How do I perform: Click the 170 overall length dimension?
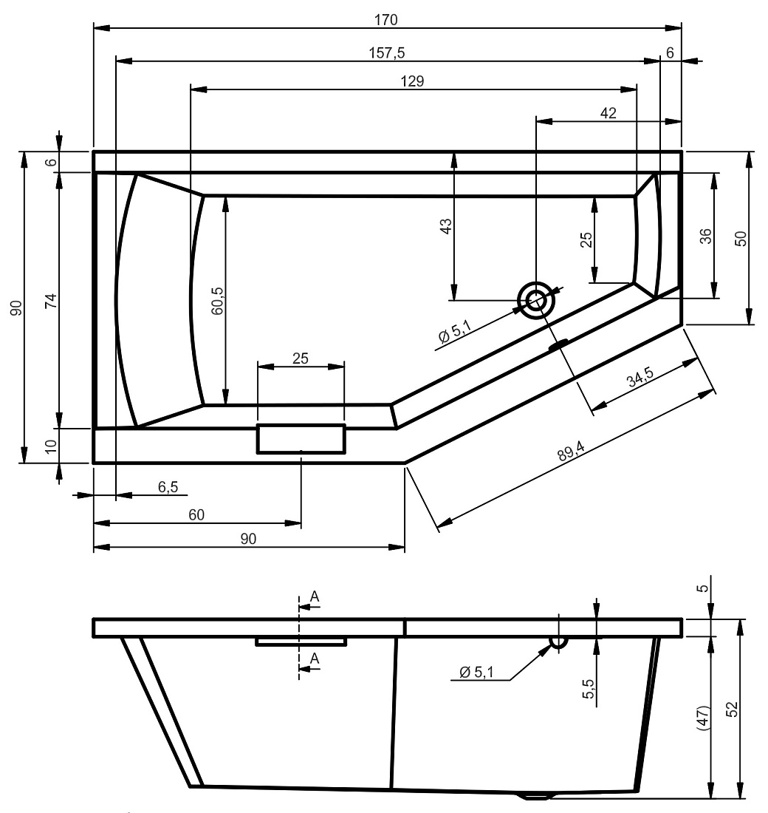pyautogui.click(x=386, y=20)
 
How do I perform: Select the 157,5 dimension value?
pyautogui.click(x=387, y=53)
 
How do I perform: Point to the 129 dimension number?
pyautogui.click(x=413, y=81)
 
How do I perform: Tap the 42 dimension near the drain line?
pyautogui.click(x=608, y=113)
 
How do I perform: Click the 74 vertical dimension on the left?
pyautogui.click(x=51, y=301)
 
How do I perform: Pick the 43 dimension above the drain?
pyautogui.click(x=446, y=226)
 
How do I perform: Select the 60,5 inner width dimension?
pyautogui.click(x=218, y=301)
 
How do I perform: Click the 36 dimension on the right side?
pyautogui.click(x=706, y=237)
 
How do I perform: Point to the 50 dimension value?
pyautogui.click(x=741, y=239)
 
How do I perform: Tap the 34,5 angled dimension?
pyautogui.click(x=640, y=377)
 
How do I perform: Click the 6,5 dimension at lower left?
pyautogui.click(x=168, y=487)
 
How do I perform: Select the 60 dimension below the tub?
pyautogui.click(x=196, y=515)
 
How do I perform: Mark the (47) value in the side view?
pyautogui.click(x=703, y=718)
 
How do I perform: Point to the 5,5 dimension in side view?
pyautogui.click(x=588, y=689)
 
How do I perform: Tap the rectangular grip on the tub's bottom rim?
pyautogui.click(x=301, y=438)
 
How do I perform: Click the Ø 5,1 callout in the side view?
pyautogui.click(x=477, y=672)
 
